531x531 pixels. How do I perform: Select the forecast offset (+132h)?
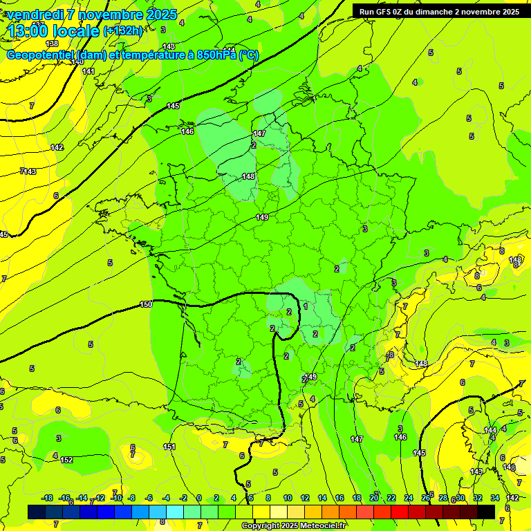click(122, 30)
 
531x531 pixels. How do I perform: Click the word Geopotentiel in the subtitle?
click(40, 55)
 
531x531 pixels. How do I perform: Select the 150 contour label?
click(146, 304)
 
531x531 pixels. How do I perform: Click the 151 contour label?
click(169, 447)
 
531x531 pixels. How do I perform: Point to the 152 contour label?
click(66, 460)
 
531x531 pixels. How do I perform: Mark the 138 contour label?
click(52, 44)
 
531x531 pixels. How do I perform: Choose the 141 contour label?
click(88, 71)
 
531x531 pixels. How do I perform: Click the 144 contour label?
click(490, 430)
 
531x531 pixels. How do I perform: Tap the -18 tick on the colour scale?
click(48, 498)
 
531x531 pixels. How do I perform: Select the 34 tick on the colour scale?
click(495, 498)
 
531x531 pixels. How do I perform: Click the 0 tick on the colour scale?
click(198, 498)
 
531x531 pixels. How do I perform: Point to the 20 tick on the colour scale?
click(374, 498)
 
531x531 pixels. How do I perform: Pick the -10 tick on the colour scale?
click(117, 498)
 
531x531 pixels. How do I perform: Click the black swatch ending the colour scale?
click(486, 512)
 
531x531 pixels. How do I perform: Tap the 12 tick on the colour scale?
click(305, 498)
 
